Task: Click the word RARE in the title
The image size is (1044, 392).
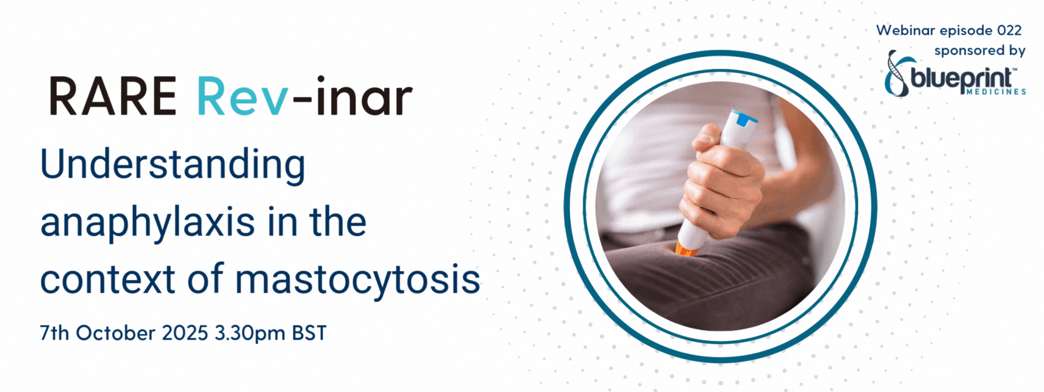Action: pyautogui.click(x=113, y=96)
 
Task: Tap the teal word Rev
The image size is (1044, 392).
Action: pyautogui.click(x=242, y=96)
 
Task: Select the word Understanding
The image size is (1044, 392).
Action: pyautogui.click(x=173, y=166)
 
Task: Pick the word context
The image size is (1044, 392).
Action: pyautogui.click(x=107, y=279)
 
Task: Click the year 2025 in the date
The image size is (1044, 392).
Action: pyautogui.click(x=185, y=333)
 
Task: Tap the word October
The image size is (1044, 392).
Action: pyautogui.click(x=116, y=333)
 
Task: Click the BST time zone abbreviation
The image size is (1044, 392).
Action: pyautogui.click(x=309, y=333)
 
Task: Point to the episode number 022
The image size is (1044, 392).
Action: pyautogui.click(x=1009, y=30)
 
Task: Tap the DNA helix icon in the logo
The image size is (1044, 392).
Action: pyautogui.click(x=895, y=73)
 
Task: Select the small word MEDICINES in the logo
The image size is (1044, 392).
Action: pyautogui.click(x=996, y=92)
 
